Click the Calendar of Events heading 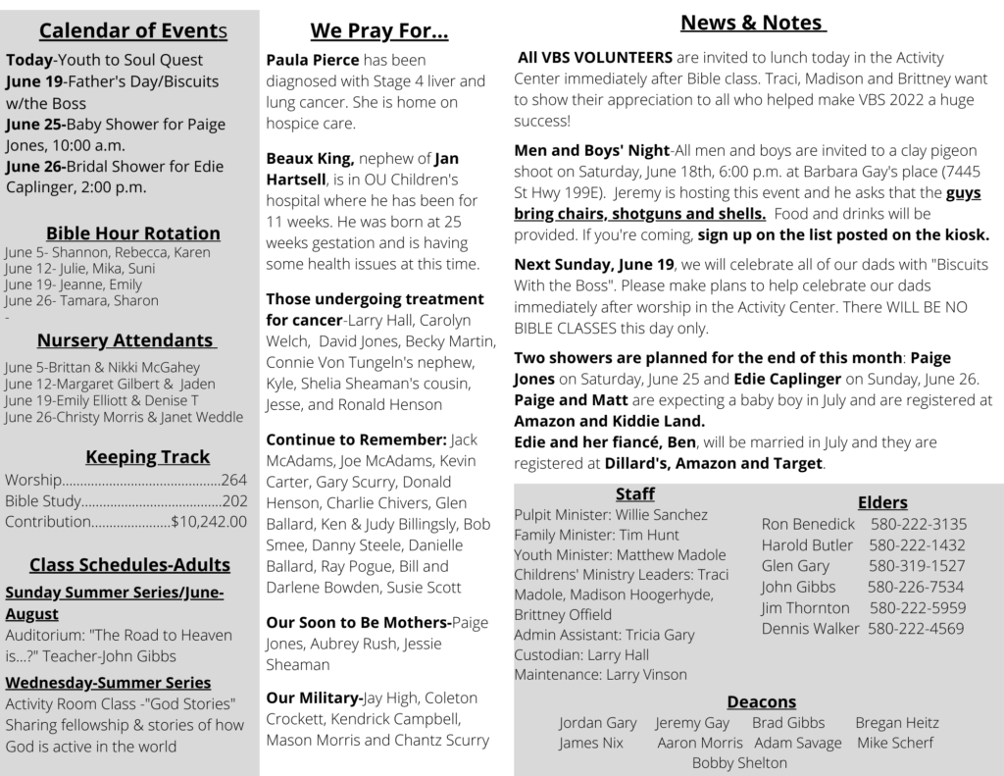pos(132,31)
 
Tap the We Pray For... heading pos(379,31)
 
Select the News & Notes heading pos(753,23)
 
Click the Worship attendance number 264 pos(234,481)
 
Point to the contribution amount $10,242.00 pos(209,522)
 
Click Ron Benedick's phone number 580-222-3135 pos(918,524)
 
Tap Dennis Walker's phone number pos(916,629)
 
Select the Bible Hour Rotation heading pos(133,233)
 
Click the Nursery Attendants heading pos(126,340)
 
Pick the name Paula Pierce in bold pos(313,60)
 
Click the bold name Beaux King pos(310,158)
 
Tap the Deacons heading pos(761,701)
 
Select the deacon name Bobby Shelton pos(739,762)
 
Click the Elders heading pos(882,502)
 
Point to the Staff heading pos(635,493)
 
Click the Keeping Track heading pos(147,456)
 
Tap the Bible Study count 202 pos(234,501)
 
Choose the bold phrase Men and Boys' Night pos(591,150)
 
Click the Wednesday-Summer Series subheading pos(108,683)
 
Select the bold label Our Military pos(313,698)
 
